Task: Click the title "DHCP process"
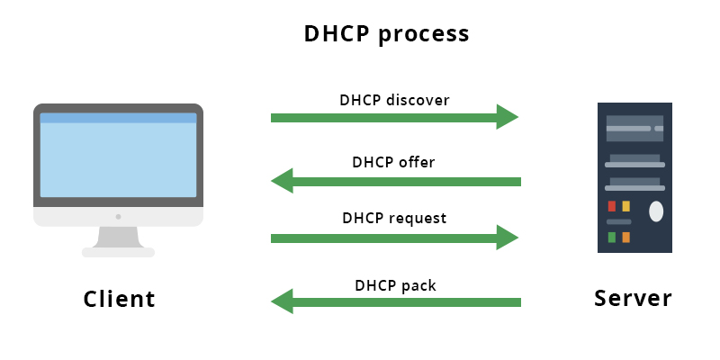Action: click(386, 34)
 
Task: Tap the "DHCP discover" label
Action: click(394, 99)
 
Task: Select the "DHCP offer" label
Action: click(393, 163)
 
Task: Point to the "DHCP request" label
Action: click(394, 218)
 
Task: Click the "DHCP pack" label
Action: click(394, 285)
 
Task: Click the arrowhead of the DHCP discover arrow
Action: click(508, 117)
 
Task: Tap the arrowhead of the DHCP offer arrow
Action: click(283, 181)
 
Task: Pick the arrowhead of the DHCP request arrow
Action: click(508, 238)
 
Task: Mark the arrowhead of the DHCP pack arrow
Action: click(283, 301)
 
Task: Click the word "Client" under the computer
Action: click(119, 299)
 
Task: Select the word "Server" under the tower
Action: click(633, 298)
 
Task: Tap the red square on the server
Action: click(612, 206)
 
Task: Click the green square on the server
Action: click(612, 238)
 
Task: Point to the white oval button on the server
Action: click(656, 211)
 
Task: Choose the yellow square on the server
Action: click(626, 206)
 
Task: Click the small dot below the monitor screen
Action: click(118, 217)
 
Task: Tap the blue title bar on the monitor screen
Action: click(118, 118)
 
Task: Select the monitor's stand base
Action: click(118, 252)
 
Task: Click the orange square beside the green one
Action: click(626, 238)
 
